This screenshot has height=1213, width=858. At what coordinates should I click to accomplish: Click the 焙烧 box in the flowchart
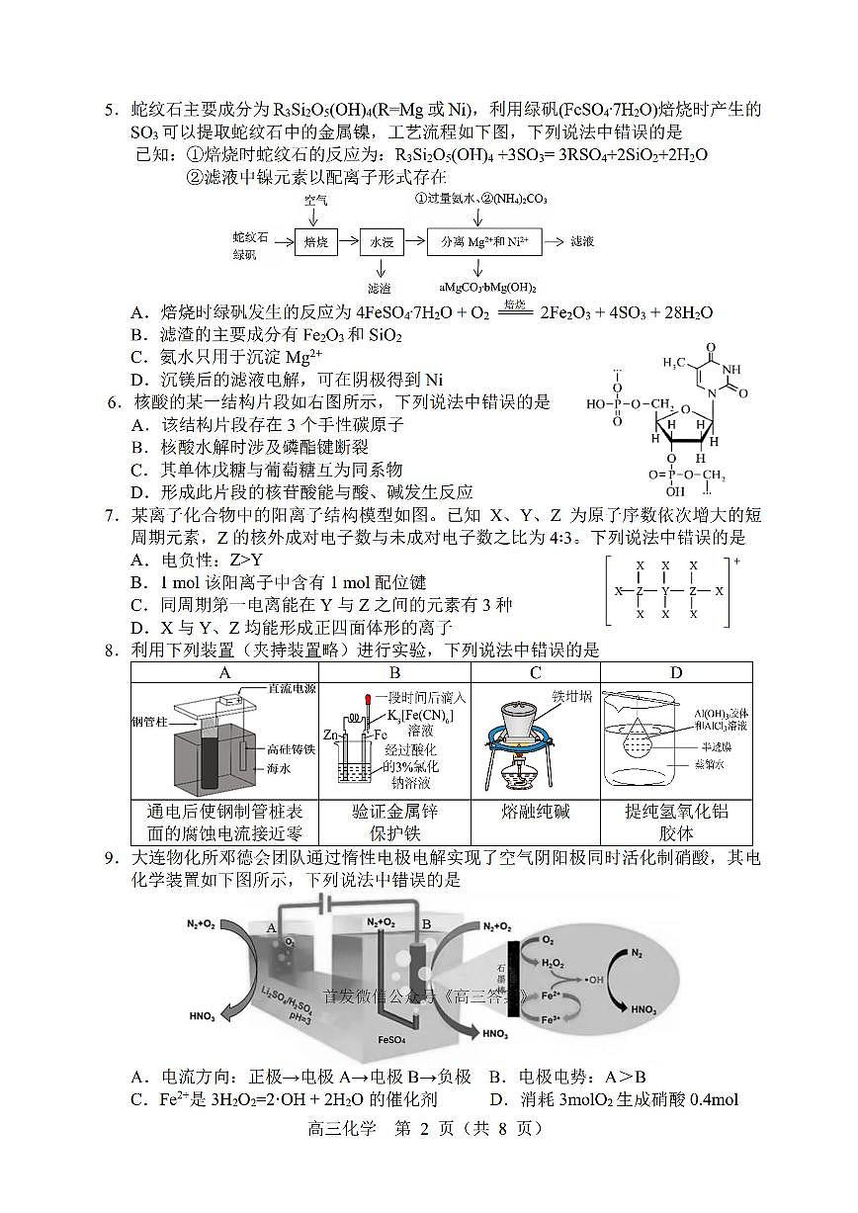(x=316, y=241)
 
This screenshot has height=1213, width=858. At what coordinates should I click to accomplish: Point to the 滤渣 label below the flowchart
(x=379, y=288)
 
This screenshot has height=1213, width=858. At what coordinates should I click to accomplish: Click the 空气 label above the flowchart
(x=315, y=200)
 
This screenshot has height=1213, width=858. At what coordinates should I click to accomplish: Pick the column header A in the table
(x=224, y=673)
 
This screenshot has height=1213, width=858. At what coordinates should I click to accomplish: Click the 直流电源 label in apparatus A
(x=292, y=688)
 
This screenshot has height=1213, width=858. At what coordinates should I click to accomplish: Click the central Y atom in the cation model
(x=666, y=590)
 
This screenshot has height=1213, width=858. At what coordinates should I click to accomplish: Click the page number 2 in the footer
(x=423, y=1129)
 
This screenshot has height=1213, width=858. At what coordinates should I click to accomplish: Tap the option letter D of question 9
(x=494, y=1099)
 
